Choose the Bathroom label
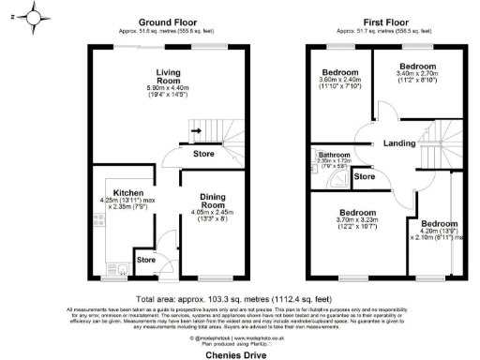[x=333, y=153]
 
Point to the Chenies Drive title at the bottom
[x=240, y=353]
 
